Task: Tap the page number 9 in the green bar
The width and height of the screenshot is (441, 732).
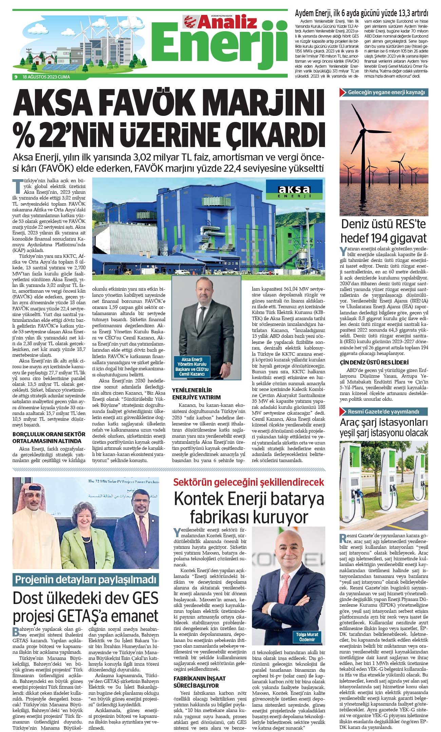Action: point(16,77)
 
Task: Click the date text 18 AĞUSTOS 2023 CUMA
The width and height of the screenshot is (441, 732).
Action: point(46,77)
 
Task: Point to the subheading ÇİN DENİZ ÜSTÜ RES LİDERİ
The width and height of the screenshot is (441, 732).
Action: point(374,362)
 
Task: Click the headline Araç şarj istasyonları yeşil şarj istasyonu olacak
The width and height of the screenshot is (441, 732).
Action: point(384,427)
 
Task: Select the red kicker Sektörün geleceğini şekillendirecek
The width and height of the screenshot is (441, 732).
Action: point(249,482)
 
